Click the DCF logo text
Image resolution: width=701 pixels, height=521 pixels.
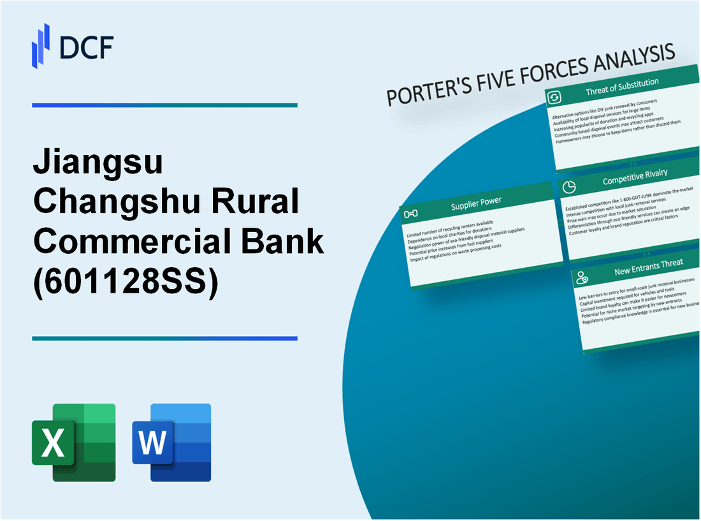pos(85,48)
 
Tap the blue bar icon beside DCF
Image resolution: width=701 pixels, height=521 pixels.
pos(41,46)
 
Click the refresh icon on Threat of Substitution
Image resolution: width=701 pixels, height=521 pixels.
pos(555,97)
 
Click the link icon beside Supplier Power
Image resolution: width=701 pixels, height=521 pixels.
pos(411,213)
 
